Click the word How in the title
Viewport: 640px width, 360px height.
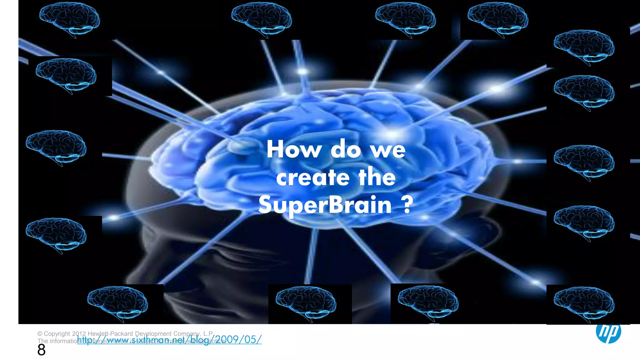(x=294, y=149)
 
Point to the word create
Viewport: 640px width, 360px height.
(x=312, y=177)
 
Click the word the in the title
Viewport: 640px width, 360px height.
(x=377, y=177)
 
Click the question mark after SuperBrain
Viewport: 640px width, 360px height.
(x=407, y=205)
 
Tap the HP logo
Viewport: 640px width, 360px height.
(x=608, y=332)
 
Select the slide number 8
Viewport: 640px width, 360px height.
(x=41, y=350)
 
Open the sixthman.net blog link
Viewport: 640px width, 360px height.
(x=169, y=339)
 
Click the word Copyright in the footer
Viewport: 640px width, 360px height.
(x=57, y=334)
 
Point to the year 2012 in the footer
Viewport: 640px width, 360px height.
(x=79, y=334)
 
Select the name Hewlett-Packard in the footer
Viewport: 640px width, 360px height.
(x=111, y=334)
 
